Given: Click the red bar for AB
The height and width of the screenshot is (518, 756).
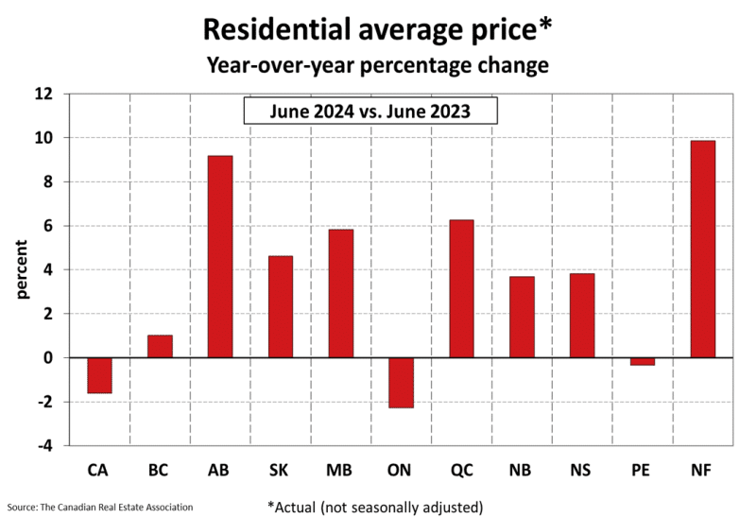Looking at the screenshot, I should (220, 256).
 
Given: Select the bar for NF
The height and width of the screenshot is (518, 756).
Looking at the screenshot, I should (703, 249).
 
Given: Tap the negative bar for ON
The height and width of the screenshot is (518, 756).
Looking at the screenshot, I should (402, 382).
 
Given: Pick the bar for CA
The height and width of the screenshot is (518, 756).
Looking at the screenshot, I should (99, 375).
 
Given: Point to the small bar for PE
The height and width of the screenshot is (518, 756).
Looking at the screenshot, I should (643, 361).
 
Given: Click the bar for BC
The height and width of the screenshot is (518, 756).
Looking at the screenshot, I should (160, 346).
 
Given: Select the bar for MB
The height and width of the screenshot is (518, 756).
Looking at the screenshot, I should (341, 293).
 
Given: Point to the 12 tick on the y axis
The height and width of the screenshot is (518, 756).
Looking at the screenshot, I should (45, 94).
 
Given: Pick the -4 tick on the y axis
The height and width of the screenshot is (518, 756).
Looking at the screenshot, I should (45, 445).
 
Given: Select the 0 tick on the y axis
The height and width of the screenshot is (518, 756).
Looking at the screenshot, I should (49, 357).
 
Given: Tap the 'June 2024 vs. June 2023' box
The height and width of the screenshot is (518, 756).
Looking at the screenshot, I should (370, 112).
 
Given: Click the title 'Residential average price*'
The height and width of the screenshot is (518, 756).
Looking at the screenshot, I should (378, 30).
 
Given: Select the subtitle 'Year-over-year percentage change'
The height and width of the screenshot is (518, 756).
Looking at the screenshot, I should (378, 66).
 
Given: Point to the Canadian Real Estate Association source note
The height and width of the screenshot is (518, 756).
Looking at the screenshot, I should (99, 507).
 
